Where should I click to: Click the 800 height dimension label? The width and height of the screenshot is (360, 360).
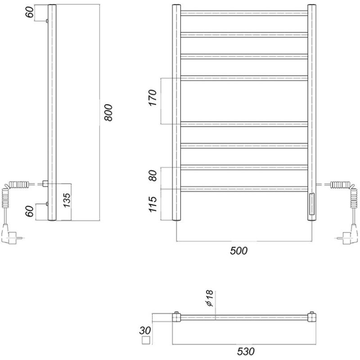108,112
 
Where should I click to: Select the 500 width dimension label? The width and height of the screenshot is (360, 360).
239,251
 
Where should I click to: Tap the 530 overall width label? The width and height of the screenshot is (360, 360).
246,351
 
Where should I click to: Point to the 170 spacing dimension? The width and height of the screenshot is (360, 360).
153,98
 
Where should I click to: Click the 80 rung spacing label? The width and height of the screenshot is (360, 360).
153,175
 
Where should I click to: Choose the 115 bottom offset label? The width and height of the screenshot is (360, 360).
153,204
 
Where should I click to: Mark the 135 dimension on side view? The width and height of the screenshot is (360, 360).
67,200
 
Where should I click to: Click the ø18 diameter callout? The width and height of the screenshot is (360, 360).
210,298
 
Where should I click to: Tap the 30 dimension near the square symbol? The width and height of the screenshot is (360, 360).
145,331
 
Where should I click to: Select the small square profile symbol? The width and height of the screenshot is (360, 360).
146,340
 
